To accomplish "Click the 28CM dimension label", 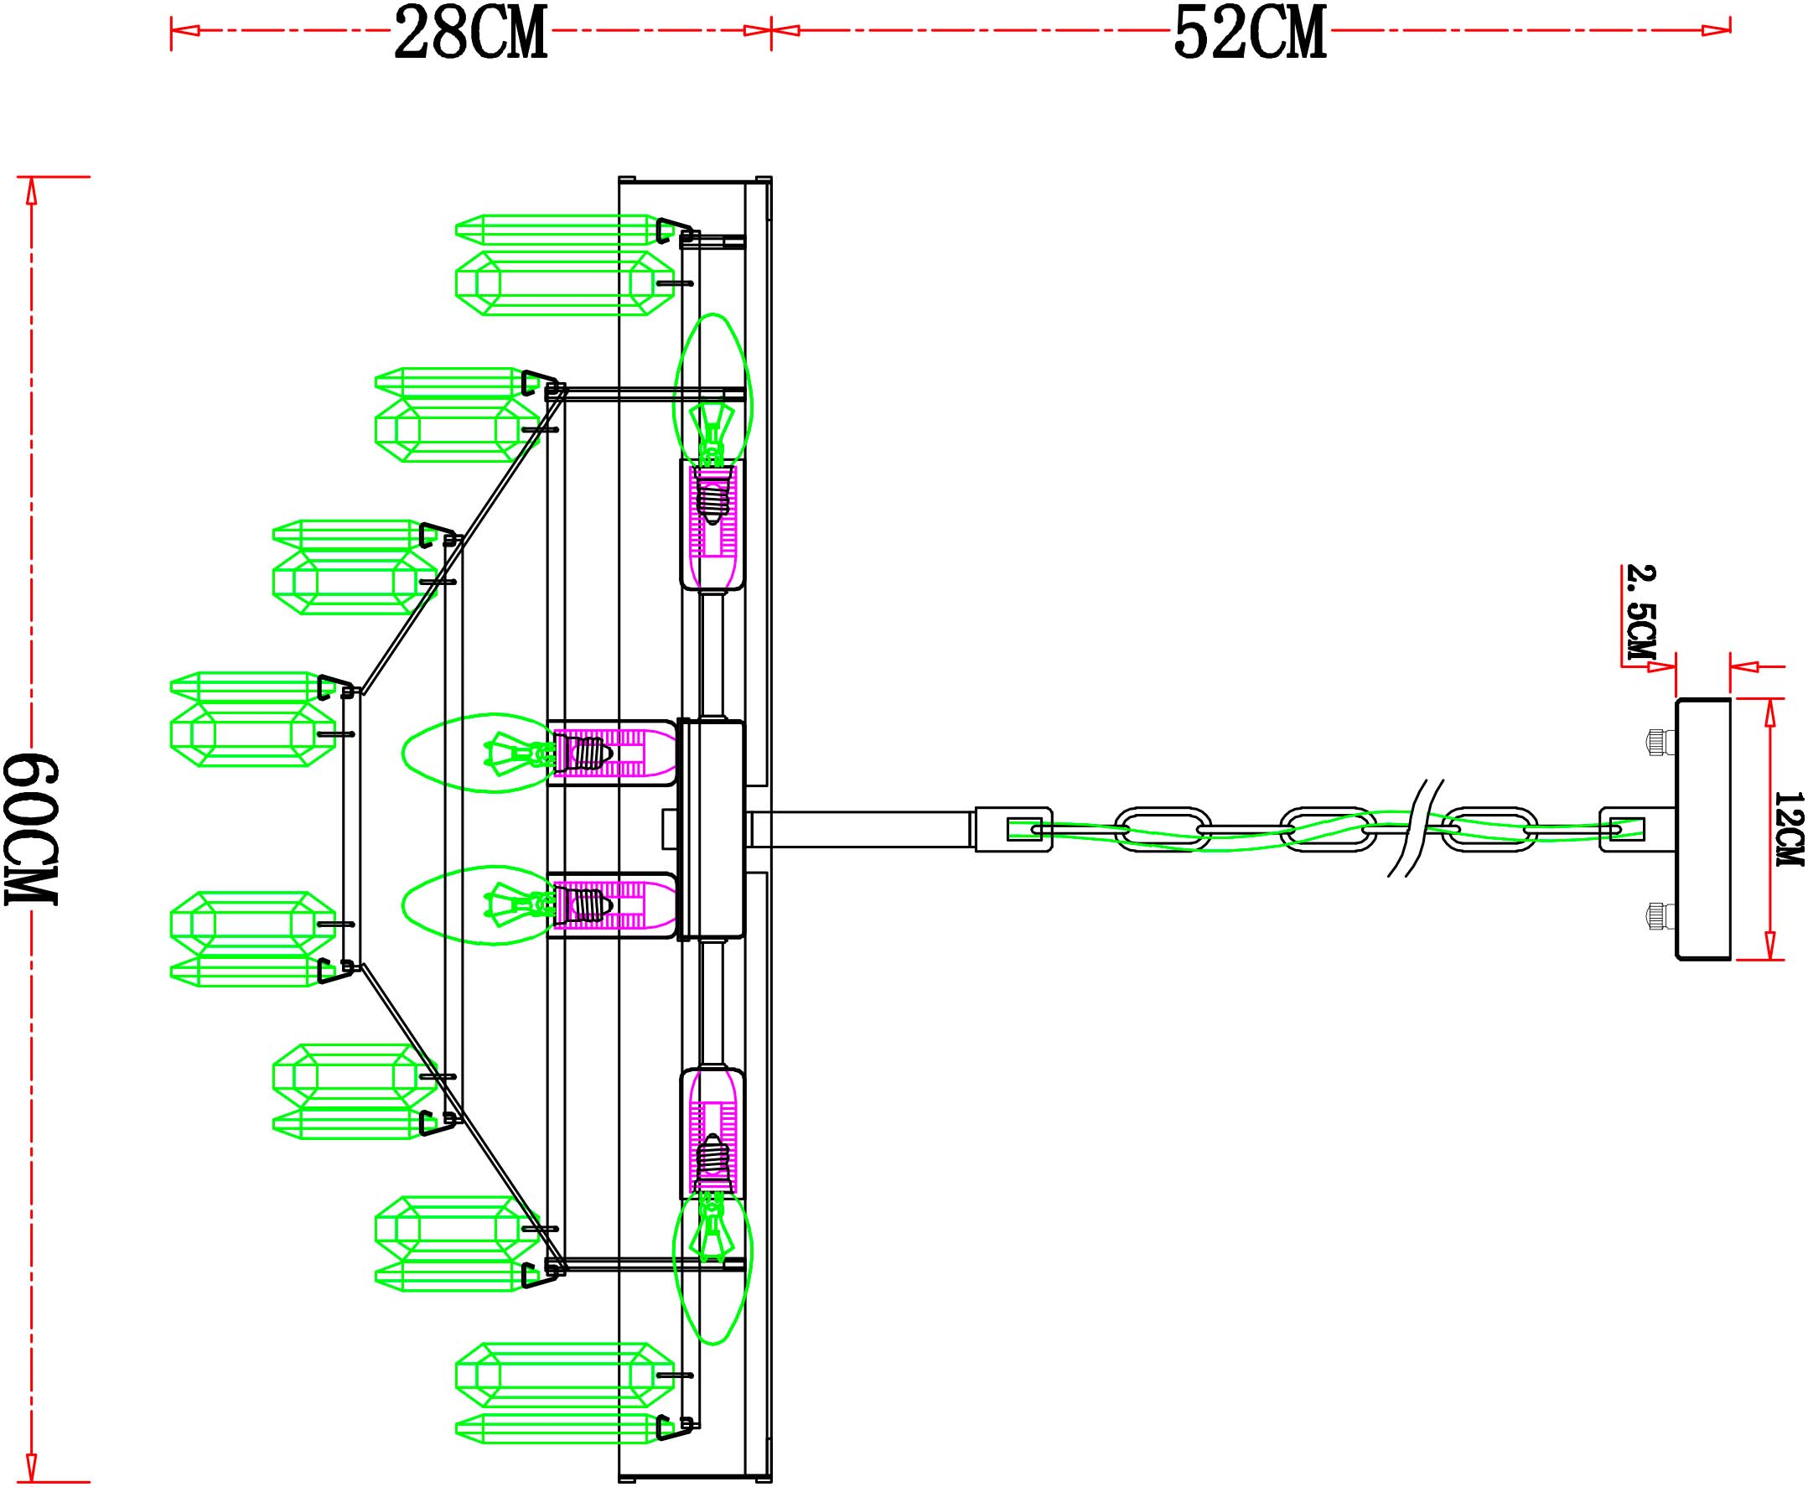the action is [470, 33].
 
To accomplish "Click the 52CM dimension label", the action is [1250, 33].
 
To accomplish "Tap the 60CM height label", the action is [32, 829].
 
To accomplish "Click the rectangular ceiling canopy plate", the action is [1702, 828].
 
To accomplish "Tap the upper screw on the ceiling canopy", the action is [1660, 742].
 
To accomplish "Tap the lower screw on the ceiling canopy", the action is [1660, 916].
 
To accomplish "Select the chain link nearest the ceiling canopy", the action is [1489, 829].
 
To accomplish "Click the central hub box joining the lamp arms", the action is [712, 829].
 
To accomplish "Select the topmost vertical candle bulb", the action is [712, 390].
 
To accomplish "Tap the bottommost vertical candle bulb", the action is [712, 1268].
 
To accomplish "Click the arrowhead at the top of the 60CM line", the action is [32, 190].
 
